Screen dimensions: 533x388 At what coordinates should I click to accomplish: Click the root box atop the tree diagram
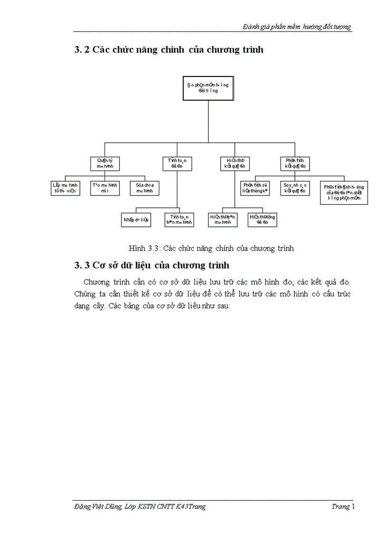(x=208, y=88)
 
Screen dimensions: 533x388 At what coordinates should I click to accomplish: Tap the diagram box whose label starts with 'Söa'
(x=145, y=188)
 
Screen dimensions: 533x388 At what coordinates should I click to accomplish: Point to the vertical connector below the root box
(x=208, y=121)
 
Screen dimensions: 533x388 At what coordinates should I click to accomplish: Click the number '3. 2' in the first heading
(x=82, y=50)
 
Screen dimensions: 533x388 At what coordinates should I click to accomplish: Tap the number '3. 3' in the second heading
(x=82, y=264)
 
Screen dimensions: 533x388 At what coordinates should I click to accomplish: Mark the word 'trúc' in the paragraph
(x=341, y=294)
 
